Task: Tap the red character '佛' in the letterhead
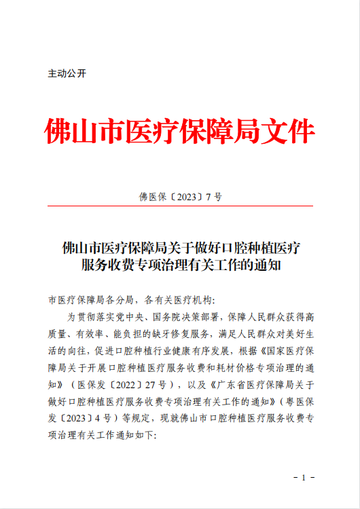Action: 60,131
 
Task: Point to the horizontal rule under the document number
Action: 180,206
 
